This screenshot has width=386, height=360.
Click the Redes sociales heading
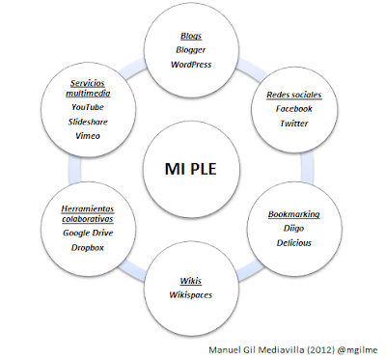pos(292,96)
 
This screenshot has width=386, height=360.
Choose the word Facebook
pos(292,110)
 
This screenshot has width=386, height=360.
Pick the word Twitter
pos(292,125)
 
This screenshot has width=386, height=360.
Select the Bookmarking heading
pos(293,214)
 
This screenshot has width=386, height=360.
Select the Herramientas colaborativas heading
pos(87,212)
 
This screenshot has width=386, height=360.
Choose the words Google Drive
pos(87,233)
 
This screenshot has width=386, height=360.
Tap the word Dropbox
pos(87,248)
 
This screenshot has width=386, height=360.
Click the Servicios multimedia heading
pos(87,89)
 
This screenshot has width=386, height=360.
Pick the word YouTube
pos(87,108)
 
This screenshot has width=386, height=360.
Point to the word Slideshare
pos(87,123)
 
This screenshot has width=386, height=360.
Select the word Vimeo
pos(87,137)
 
